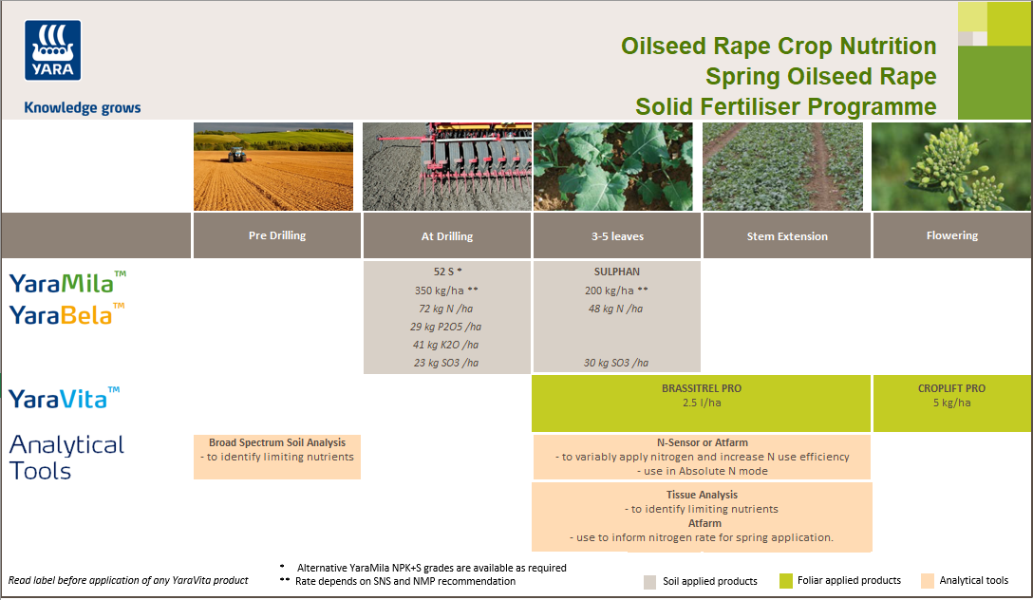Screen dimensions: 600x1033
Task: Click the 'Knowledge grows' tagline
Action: [x=82, y=107]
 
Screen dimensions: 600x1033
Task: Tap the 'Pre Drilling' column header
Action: [x=277, y=235]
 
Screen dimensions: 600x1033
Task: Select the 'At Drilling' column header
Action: [x=446, y=236]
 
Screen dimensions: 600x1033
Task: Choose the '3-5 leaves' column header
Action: [x=616, y=235]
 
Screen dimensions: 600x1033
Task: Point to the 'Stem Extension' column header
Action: [x=786, y=236]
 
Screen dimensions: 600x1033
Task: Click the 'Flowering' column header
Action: [x=951, y=235]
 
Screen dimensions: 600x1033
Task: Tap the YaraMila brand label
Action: [x=67, y=282]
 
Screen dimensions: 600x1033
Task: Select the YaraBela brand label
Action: [x=66, y=314]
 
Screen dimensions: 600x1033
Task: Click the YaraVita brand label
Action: [x=65, y=398]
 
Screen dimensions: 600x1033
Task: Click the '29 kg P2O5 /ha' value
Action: [x=445, y=327]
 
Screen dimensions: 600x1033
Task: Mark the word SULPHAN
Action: [x=616, y=272]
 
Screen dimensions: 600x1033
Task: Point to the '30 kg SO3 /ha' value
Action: [x=616, y=363]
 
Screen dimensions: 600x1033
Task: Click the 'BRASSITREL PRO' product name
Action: [x=701, y=388]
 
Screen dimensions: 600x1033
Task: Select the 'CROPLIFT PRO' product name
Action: [x=951, y=388]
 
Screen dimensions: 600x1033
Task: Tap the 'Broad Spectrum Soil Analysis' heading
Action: [x=277, y=442]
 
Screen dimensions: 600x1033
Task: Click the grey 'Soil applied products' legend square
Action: [x=649, y=581]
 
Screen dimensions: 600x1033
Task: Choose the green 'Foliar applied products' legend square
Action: [x=785, y=581]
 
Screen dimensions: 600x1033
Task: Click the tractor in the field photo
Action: [x=234, y=152]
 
